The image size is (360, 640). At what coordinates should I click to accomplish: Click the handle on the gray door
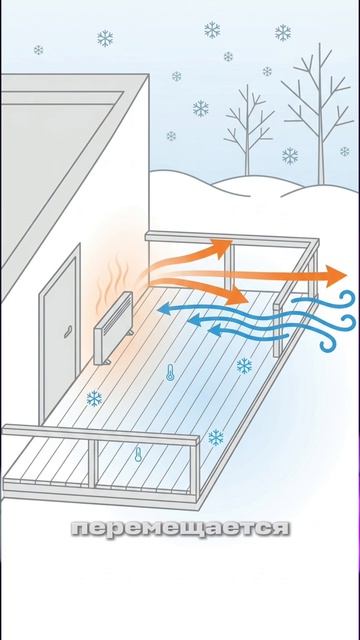68,331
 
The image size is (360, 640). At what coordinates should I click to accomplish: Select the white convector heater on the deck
113,328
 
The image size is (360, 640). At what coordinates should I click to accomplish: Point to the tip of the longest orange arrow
346,276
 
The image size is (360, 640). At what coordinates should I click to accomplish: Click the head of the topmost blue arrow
164,309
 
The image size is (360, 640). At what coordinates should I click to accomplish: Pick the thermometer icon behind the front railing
138,454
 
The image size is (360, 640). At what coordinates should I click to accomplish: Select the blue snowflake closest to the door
94,398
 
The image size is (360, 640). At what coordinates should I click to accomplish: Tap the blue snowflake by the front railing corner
216,437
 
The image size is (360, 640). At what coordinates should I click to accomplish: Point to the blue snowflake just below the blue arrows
244,366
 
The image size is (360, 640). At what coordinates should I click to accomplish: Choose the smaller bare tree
248,131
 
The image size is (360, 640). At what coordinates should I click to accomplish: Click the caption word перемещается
181,529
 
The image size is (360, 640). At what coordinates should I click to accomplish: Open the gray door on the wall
60,335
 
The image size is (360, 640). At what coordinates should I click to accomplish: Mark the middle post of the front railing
93,464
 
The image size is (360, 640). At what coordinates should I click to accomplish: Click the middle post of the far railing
229,267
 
